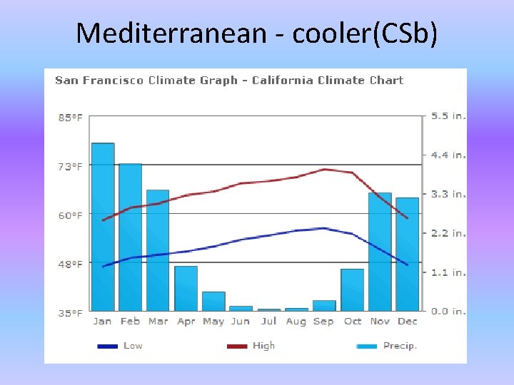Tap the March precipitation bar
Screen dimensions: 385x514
click(158, 250)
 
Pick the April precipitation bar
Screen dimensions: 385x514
click(186, 288)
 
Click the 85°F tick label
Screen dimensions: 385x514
click(70, 118)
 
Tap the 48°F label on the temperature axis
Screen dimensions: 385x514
click(70, 264)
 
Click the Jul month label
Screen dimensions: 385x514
click(268, 322)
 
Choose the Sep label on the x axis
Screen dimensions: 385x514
click(323, 322)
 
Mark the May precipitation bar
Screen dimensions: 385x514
click(213, 301)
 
